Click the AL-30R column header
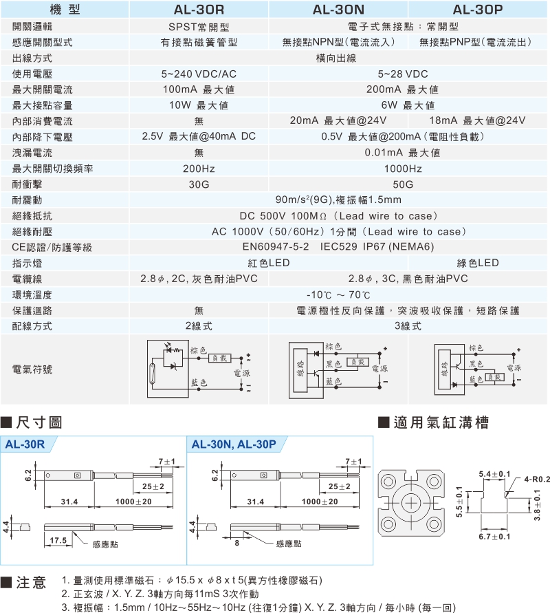pos(199,10)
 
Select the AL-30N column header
pos(338,10)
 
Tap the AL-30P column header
pos(478,10)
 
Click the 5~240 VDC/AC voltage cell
pos(199,74)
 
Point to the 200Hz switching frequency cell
pos(199,169)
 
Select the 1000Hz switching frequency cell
pos(403,169)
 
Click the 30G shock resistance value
pos(199,184)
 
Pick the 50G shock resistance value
pos(403,184)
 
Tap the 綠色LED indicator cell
pos(478,263)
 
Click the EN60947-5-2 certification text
pos(276,247)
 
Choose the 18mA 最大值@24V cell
pos(477,120)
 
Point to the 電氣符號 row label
pos(32,369)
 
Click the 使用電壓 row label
pos(32,74)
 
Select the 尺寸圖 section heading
pos(32,422)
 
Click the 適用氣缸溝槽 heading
pos(434,422)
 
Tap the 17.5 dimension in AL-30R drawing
pos(58,540)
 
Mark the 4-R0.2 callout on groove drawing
pos(537,479)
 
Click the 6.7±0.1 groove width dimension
pos(494,537)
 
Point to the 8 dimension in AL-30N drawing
pos(236,543)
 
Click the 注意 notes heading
pos(24,583)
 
